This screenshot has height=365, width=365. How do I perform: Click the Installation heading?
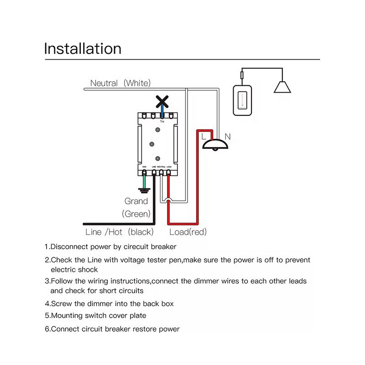pos(83,48)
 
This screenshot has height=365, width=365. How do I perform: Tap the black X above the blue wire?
pos(162,102)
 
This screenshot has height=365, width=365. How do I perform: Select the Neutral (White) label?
pos(120,83)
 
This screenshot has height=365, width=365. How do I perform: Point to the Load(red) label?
pos(188,232)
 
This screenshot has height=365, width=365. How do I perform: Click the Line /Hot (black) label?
pos(120,232)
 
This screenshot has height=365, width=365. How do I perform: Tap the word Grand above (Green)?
pos(136,201)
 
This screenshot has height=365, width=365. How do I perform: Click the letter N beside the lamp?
pos(228,136)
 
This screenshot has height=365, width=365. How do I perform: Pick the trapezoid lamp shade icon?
pos(282,87)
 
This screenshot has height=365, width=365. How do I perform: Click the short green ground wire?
pos(145,180)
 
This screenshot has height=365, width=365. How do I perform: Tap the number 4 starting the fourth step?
pos(47,303)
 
